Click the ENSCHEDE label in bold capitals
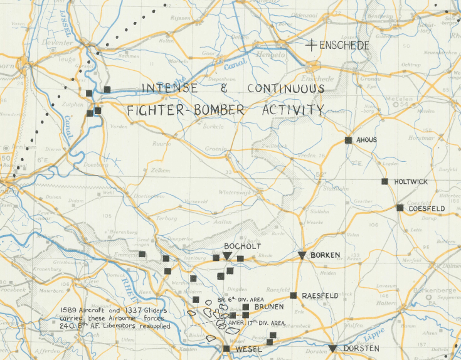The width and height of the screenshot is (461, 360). coord(344,46)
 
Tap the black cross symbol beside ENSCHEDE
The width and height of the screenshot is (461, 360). coord(311,45)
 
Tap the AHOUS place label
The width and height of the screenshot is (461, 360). coord(366,140)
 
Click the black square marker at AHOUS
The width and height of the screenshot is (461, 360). coord(348,140)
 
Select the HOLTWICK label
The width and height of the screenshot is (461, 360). coord(411,182)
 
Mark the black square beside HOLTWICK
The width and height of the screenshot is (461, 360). coord(384,181)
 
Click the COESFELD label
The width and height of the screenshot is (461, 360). coord(427,208)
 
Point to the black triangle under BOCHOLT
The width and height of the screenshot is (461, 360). coord(226,256)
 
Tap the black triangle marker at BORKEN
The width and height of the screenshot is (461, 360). coord(302,255)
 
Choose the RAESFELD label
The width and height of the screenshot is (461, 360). coord(321,295)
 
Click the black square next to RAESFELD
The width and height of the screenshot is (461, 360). coord(293,295)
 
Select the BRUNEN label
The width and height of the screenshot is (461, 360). coord(268,307)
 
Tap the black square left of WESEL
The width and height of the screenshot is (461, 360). coord(226,348)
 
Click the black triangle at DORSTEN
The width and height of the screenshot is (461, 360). coord(332,348)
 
